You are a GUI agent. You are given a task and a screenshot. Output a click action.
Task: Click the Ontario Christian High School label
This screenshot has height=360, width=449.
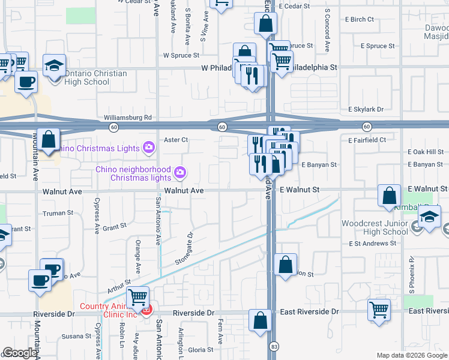[x=96, y=78]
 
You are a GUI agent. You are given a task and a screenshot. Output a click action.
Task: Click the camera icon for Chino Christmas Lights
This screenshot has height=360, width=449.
[x=148, y=147]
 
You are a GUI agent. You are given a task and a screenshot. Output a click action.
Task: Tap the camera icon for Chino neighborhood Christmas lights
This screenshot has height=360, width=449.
[x=179, y=174]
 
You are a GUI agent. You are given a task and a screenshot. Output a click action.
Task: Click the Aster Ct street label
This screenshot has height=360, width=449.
[x=176, y=140]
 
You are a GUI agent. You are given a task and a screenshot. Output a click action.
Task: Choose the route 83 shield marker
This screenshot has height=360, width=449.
[x=274, y=347]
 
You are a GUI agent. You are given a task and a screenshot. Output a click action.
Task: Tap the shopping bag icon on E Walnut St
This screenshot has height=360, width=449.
[x=390, y=195]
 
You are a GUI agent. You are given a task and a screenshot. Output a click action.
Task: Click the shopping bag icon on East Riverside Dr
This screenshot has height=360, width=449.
[x=261, y=320]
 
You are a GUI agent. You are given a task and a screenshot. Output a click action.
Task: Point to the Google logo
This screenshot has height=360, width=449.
[x=20, y=353]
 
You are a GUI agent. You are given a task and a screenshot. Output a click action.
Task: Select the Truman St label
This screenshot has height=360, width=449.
[x=58, y=212]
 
